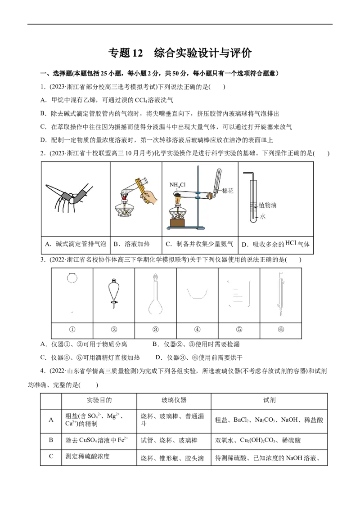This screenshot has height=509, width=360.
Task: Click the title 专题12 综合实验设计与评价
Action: pos(180,53)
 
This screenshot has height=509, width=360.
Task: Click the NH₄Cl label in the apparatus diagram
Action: pos(177,185)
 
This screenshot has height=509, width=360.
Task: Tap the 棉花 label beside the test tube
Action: pos(228,191)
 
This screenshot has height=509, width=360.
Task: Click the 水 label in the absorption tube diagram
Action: pos(262,216)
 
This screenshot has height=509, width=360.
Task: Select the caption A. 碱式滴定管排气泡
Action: pos(76,244)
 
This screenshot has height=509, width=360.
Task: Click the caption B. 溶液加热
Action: pos(131,244)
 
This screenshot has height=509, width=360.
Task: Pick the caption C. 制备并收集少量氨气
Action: pos(199,244)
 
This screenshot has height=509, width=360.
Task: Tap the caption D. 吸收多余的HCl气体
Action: pos(275,244)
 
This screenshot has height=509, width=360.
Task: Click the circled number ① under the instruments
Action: pos(72,330)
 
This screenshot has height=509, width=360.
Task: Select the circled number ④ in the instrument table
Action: pos(197,330)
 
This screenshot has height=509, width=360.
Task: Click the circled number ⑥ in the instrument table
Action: pos(281,330)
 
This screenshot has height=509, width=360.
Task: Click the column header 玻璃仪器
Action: pos(174,400)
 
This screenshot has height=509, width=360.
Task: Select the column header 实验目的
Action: pos(99,400)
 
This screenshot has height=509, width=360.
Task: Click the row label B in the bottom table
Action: pos(51,440)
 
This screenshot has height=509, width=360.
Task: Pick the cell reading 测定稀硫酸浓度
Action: pos(87,456)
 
